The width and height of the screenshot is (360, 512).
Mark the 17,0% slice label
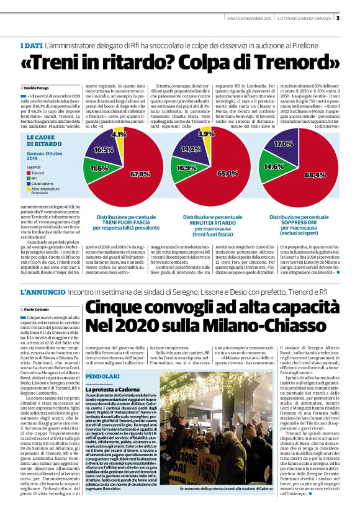[x=284, y=144]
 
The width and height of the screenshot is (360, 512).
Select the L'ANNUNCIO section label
[x=40, y=291]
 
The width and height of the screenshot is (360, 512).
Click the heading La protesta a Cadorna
[x=115, y=372]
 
